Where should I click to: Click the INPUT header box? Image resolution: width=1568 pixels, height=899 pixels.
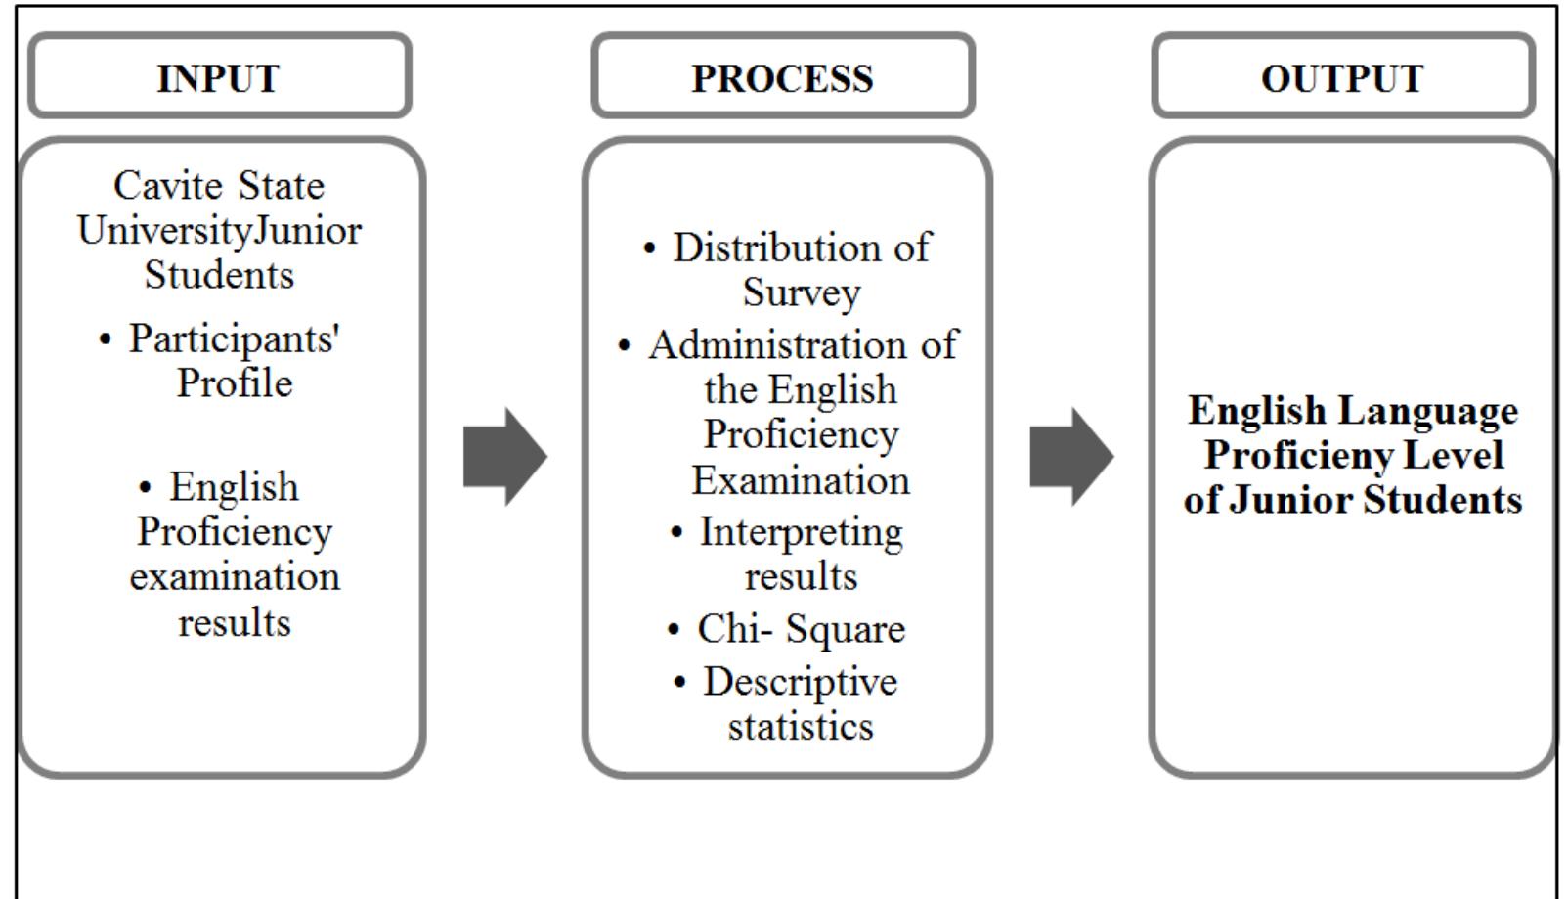click(219, 77)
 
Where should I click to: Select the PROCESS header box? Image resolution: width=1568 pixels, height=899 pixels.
click(782, 77)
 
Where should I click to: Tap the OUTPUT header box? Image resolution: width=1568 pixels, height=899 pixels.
click(1342, 77)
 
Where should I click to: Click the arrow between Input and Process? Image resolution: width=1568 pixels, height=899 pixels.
click(504, 456)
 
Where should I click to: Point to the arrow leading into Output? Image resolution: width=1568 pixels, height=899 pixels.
click(1071, 456)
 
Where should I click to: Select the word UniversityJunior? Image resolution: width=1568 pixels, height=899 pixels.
click(219, 230)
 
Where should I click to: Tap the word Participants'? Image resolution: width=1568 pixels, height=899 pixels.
click(234, 338)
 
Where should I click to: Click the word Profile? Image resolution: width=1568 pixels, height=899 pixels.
click(235, 382)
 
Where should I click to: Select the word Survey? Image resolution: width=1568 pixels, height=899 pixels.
click(801, 292)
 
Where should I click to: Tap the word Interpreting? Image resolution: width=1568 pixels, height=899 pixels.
click(801, 532)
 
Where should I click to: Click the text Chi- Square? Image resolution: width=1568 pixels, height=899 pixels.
click(801, 629)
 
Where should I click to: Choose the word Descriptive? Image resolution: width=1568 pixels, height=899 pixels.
click(800, 682)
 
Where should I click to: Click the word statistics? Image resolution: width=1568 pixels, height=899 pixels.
click(801, 726)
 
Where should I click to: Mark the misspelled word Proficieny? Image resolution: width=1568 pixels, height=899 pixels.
click(1296, 455)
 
